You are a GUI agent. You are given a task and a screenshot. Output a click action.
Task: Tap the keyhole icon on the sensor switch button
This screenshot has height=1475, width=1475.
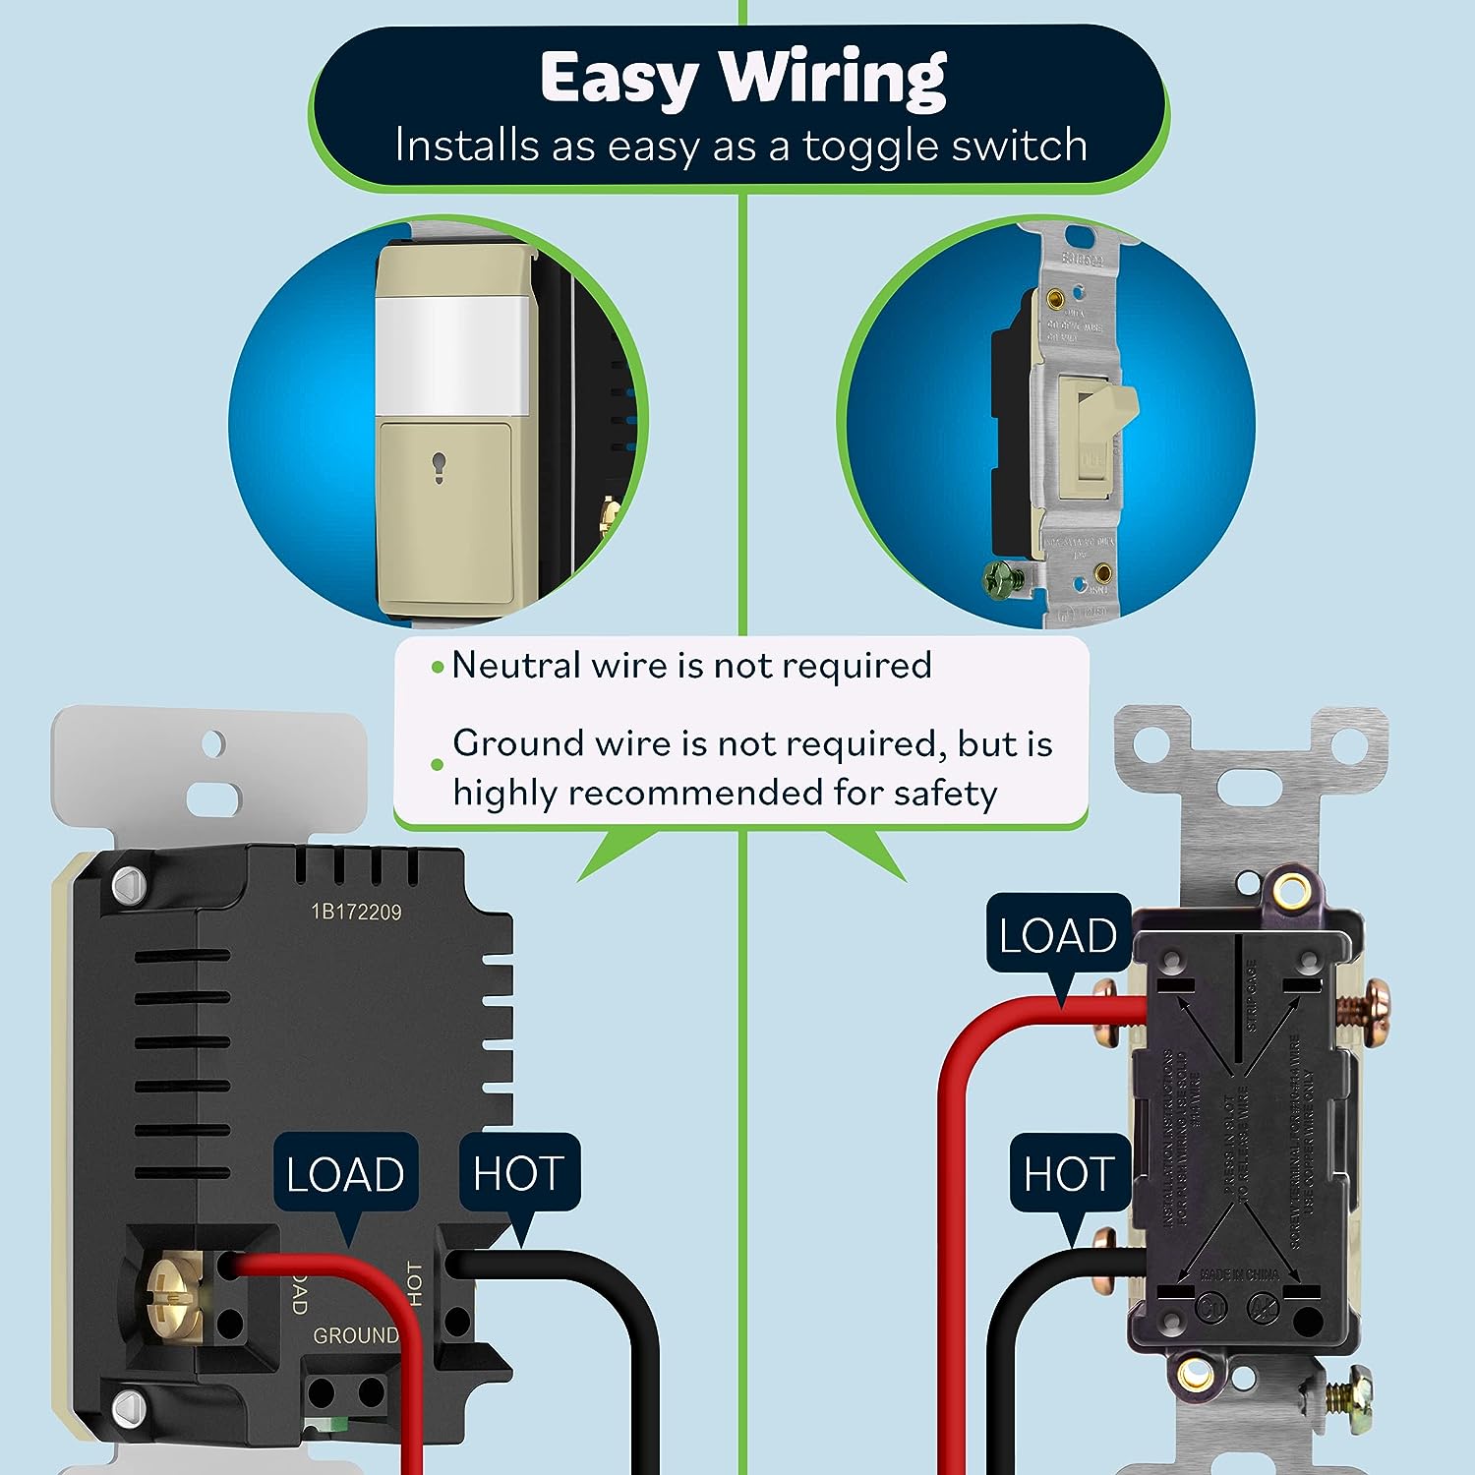coord(439,468)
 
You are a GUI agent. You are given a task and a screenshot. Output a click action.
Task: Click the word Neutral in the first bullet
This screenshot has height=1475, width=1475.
coord(514,666)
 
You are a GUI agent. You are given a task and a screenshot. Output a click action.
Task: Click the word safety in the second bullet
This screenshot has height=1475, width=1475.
coord(944,793)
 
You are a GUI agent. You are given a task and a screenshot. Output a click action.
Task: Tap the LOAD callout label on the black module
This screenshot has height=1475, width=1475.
coord(345,1174)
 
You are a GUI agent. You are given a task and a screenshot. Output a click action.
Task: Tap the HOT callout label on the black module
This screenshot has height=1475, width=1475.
coord(518,1173)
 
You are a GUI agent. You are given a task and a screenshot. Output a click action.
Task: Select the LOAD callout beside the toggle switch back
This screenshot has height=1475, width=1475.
coord(1057,935)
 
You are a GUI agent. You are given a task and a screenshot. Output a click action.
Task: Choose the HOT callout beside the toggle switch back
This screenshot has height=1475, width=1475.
coord(1068,1173)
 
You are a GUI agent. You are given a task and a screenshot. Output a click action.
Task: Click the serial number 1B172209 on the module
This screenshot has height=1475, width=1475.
coord(356,913)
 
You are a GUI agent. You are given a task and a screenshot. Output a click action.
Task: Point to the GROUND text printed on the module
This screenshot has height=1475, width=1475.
coord(355,1335)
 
